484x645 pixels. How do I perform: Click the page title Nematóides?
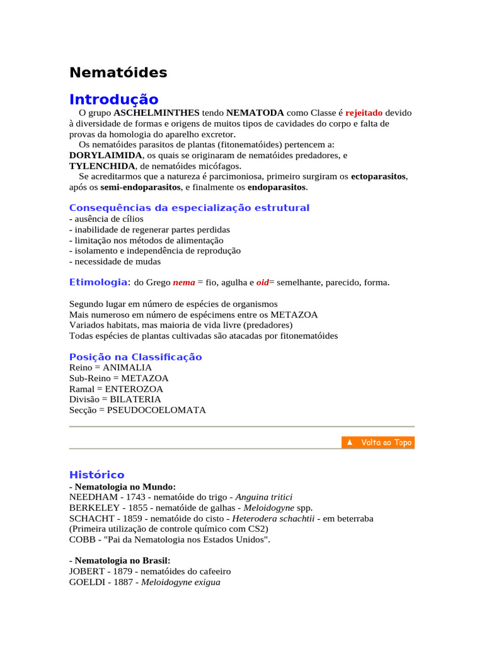118,72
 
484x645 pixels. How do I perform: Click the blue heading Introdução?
113,100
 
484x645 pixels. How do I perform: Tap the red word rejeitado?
364,113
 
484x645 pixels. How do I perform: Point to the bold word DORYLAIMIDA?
105,155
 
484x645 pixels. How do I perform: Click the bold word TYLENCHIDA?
102,166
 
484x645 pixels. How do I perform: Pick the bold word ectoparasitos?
378,176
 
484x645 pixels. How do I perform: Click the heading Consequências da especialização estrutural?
189,208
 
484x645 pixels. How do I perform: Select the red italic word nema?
184,283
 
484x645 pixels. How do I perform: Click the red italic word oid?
262,283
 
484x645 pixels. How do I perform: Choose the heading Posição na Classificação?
135,357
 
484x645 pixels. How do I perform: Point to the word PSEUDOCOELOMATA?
156,410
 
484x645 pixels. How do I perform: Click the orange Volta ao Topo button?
378,442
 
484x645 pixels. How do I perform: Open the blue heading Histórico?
96,474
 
